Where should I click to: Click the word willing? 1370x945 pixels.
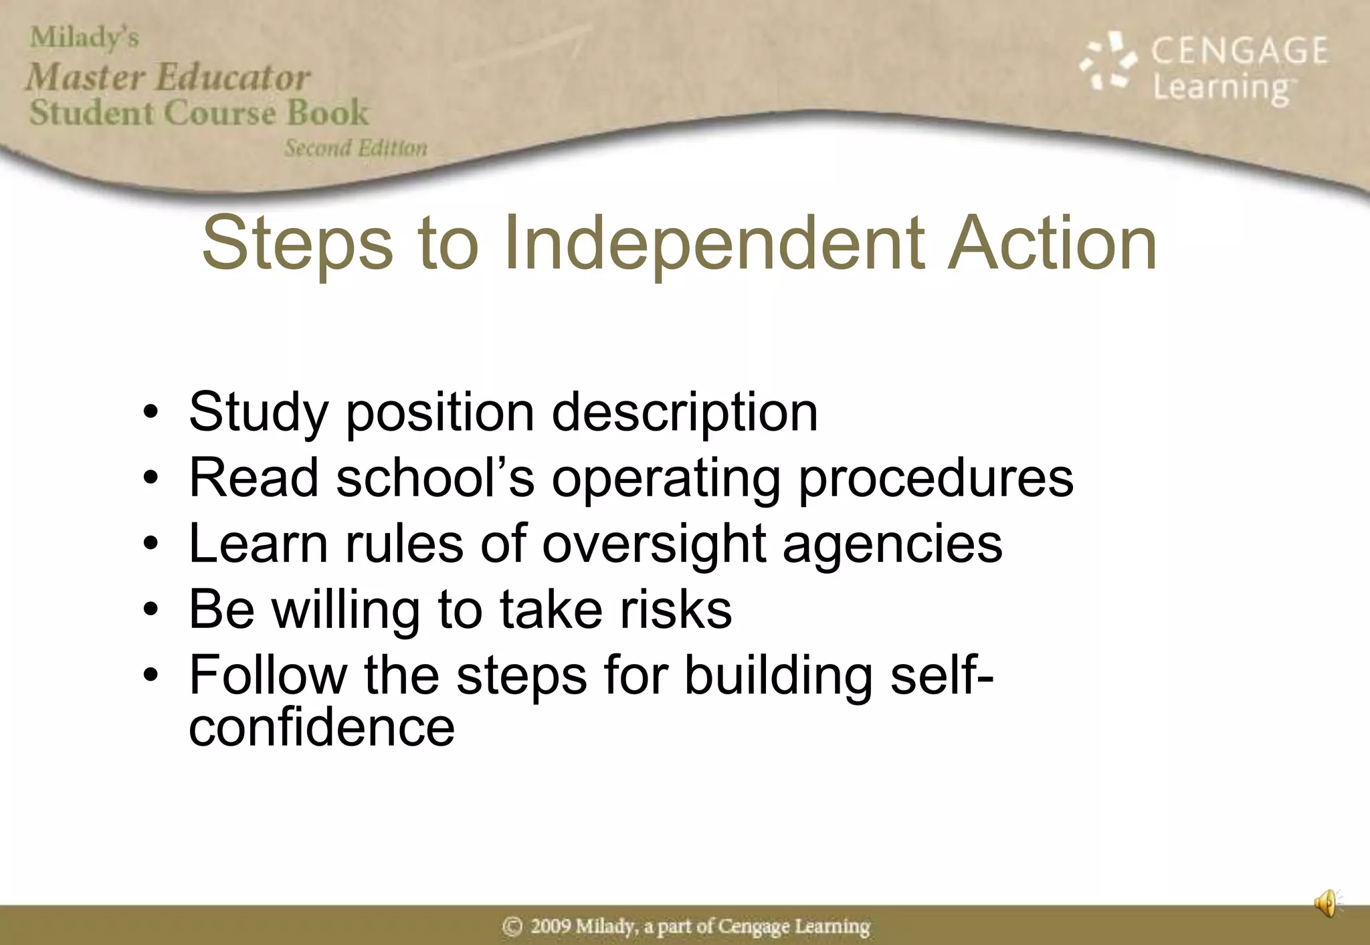tap(345, 611)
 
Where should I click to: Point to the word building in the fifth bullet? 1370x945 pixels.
tap(779, 675)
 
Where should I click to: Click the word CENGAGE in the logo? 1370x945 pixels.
tap(1239, 51)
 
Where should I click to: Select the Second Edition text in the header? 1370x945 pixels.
tap(356, 148)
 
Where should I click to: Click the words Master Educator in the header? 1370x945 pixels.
tap(169, 76)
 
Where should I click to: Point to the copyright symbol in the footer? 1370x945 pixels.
tap(512, 926)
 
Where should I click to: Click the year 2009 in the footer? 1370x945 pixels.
tap(551, 926)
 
